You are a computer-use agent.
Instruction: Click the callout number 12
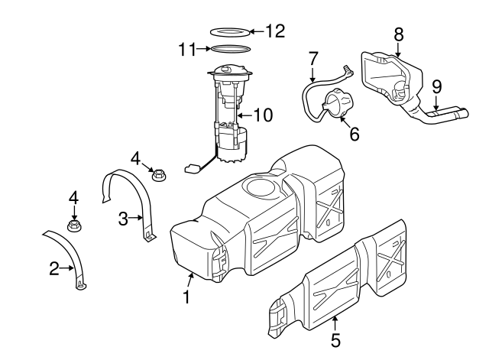point(275,31)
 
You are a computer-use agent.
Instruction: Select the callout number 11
point(187,49)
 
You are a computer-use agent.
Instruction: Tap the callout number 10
point(264,115)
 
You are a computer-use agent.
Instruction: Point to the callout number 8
point(399,34)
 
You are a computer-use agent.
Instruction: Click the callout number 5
point(335,340)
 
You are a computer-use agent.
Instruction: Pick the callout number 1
point(186,297)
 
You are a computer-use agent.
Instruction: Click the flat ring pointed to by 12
point(230,32)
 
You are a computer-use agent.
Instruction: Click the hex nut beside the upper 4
point(159,175)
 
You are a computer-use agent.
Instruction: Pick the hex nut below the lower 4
point(75,225)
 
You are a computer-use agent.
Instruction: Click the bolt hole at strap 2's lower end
point(81,284)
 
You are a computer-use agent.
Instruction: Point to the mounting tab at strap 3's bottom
point(150,237)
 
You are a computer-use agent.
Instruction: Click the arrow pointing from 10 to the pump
point(245,115)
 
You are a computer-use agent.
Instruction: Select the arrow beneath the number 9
point(436,102)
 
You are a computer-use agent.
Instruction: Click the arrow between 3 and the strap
point(136,218)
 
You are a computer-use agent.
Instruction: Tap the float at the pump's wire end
point(192,169)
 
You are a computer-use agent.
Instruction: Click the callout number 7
point(313,59)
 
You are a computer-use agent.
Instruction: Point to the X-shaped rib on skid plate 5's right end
point(390,257)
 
